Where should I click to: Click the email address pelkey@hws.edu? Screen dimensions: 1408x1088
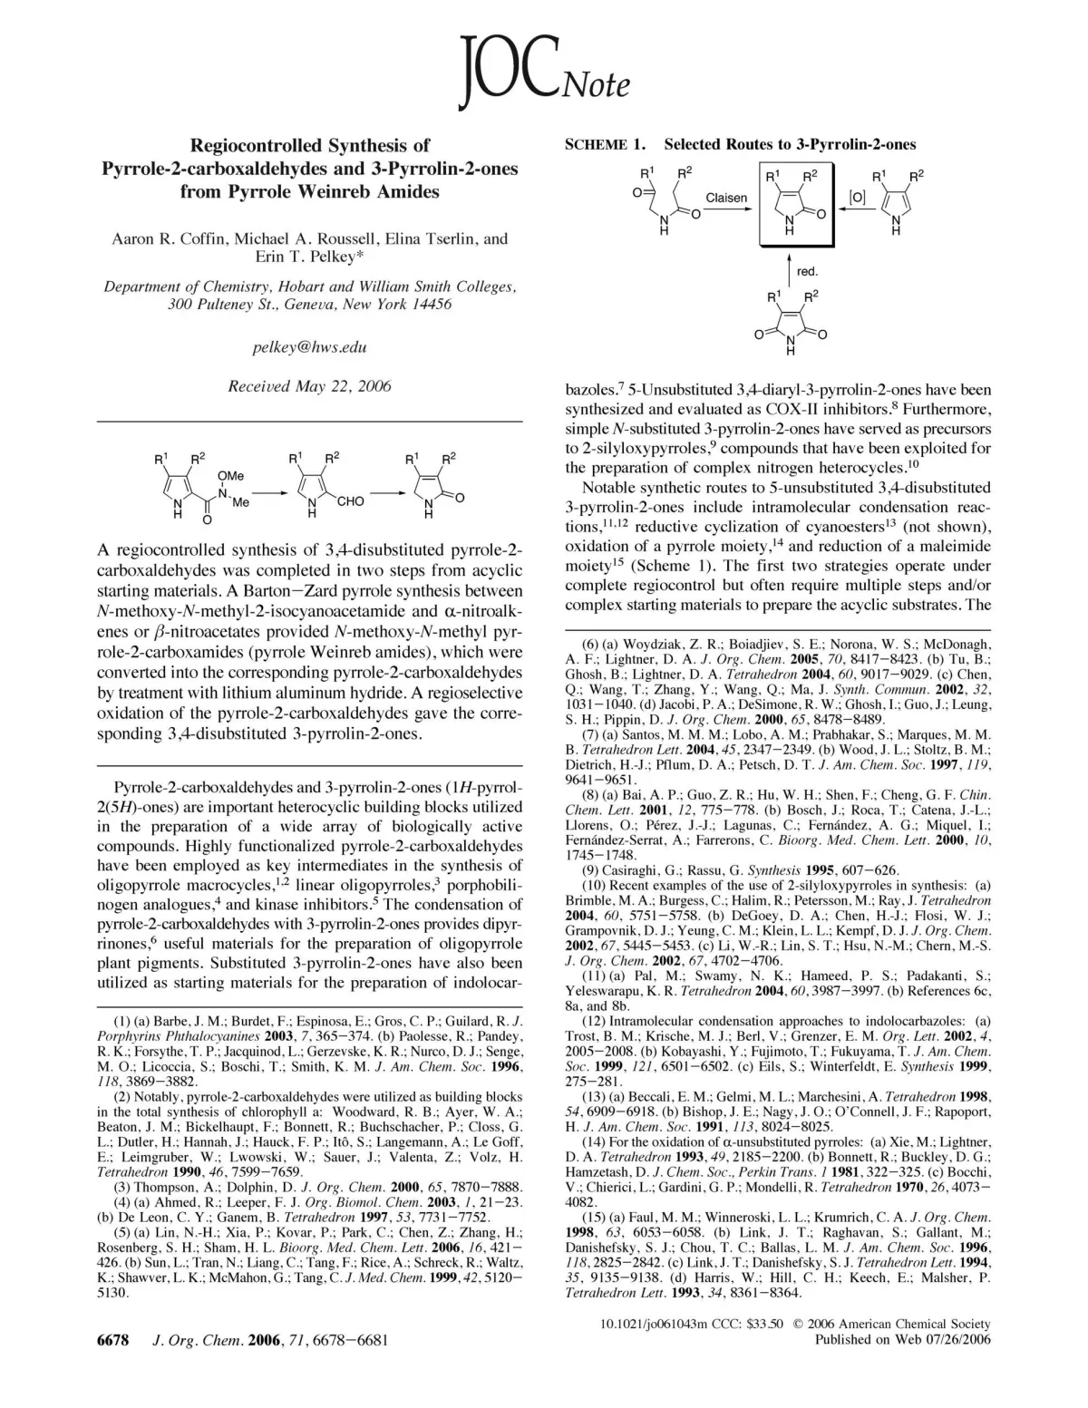tap(310, 347)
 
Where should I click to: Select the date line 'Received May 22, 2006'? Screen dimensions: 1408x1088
tap(310, 386)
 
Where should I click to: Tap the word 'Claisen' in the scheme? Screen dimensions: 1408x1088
tap(726, 198)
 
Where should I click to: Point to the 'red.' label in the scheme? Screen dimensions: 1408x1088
tap(807, 270)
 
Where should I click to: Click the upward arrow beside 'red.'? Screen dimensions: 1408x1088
tap(789, 270)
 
